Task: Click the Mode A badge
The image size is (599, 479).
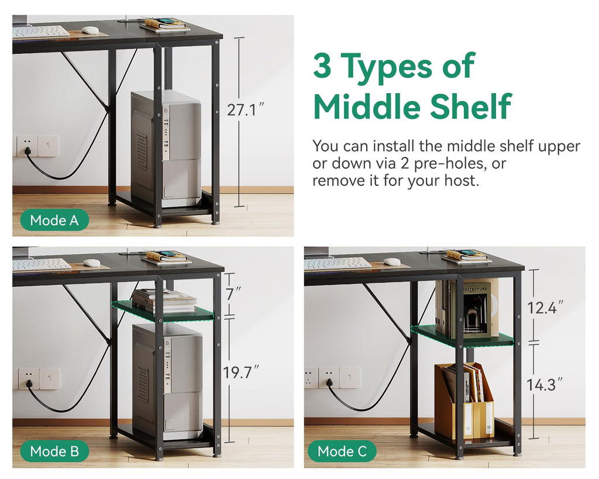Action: coord(54,220)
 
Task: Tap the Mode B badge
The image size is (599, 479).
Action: coord(54,451)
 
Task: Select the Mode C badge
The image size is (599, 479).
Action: coord(342,451)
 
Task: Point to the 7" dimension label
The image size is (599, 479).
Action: coord(233,294)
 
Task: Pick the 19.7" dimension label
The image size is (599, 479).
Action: coord(240,372)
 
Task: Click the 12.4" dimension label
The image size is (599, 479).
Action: coord(545,308)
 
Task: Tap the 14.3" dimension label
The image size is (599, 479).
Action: coord(545,385)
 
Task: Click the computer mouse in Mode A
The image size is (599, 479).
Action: coord(90,30)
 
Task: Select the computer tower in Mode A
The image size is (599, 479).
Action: coord(166,149)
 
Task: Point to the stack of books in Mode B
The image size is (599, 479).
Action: coord(164,301)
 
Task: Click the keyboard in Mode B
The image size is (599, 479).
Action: coord(42,265)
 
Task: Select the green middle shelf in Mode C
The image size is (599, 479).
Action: coord(462,335)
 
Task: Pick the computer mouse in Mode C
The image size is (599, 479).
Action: coord(392,261)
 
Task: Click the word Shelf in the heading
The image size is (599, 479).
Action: coord(471,106)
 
